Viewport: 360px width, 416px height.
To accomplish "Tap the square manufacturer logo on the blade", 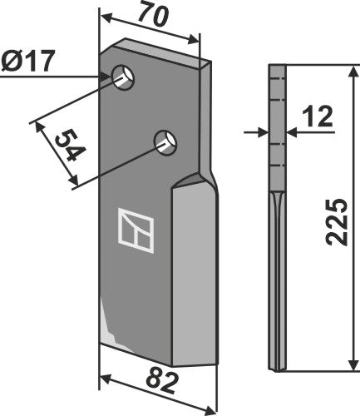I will click(x=136, y=227).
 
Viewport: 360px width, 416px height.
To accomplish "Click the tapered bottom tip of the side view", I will click(x=279, y=367).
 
